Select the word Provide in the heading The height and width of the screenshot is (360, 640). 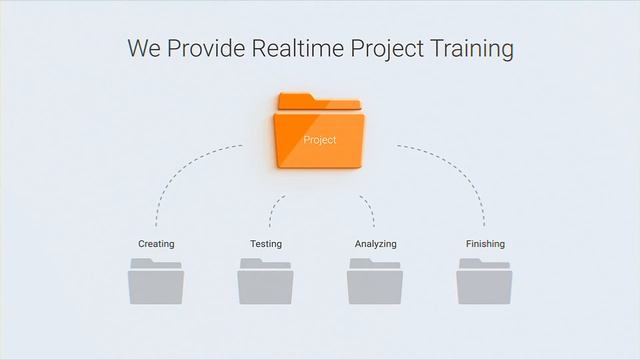[205, 48]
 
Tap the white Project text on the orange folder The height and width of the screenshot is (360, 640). [319, 140]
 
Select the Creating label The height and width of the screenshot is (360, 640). [156, 244]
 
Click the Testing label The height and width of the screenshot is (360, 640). [265, 244]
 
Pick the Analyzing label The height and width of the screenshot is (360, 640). [375, 244]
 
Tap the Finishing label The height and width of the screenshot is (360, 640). [485, 244]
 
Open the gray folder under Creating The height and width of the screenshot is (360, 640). [156, 281]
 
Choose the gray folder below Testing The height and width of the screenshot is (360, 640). [265, 281]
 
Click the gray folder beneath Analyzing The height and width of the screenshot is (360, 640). [375, 281]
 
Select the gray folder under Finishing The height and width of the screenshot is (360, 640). [484, 281]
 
